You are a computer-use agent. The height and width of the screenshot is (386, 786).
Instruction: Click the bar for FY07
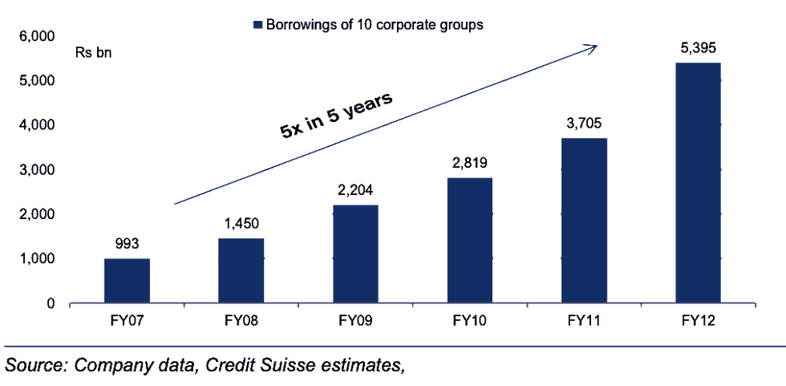click(x=127, y=280)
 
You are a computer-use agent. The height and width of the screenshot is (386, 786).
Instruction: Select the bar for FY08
click(x=241, y=270)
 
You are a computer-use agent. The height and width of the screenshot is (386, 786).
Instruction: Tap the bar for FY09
click(x=355, y=253)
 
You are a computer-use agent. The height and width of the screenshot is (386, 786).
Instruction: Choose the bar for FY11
click(x=584, y=219)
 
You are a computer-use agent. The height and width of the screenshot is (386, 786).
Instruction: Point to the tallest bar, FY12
click(x=698, y=182)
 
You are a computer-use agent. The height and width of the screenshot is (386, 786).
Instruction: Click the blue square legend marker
click(x=257, y=24)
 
